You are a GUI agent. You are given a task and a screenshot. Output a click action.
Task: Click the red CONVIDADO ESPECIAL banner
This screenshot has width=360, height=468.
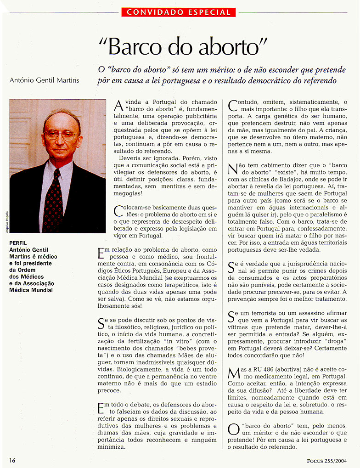click(179, 12)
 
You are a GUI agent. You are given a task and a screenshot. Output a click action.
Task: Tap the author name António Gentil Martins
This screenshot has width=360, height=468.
click(44, 80)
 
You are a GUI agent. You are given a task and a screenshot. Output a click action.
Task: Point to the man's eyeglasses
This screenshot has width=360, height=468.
click(60, 135)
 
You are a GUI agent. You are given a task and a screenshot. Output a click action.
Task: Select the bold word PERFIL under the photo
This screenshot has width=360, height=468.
click(18, 243)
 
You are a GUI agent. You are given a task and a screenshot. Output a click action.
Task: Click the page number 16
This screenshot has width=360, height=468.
click(12, 460)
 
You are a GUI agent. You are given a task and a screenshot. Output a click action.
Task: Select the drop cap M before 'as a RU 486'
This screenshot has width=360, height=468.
click(233, 373)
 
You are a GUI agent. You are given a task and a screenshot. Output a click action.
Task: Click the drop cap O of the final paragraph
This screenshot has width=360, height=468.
click(233, 429)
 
